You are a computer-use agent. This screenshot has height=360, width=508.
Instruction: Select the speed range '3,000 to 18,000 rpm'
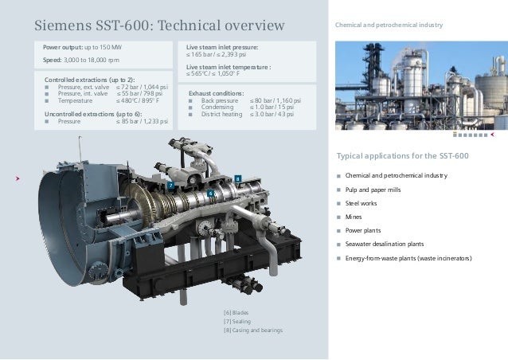(x=96, y=60)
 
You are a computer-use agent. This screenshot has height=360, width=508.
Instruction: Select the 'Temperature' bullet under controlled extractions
(x=76, y=101)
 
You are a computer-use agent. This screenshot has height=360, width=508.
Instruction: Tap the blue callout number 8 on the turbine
(x=236, y=177)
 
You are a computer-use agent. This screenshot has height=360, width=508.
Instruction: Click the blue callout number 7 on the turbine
(x=169, y=185)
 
